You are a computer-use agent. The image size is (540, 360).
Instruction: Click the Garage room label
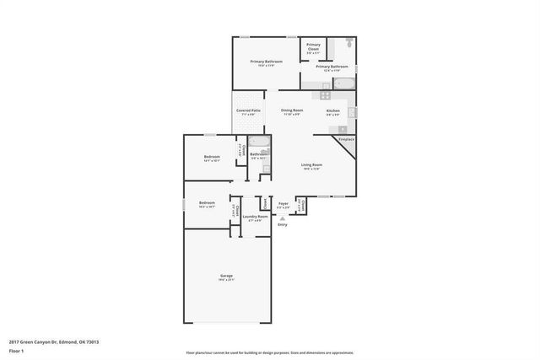click(226, 276)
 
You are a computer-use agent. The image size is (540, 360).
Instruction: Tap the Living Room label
click(312, 165)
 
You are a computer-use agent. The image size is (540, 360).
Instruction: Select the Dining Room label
click(292, 110)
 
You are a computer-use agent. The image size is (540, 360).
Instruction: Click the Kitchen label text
click(333, 110)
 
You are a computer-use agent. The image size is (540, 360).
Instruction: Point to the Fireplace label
click(346, 138)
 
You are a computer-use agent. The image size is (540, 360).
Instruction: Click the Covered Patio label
click(248, 110)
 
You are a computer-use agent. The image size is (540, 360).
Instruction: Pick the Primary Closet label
click(313, 46)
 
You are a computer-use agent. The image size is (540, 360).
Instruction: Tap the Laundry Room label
click(256, 217)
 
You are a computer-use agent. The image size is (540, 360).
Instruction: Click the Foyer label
click(283, 203)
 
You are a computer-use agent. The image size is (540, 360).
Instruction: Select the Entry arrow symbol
click(283, 218)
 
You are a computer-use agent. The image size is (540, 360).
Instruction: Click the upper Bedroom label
click(212, 158)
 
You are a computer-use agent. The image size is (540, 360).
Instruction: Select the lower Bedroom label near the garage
click(207, 203)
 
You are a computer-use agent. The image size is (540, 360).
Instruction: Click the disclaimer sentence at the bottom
click(270, 352)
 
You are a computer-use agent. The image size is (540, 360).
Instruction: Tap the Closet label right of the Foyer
click(302, 204)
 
